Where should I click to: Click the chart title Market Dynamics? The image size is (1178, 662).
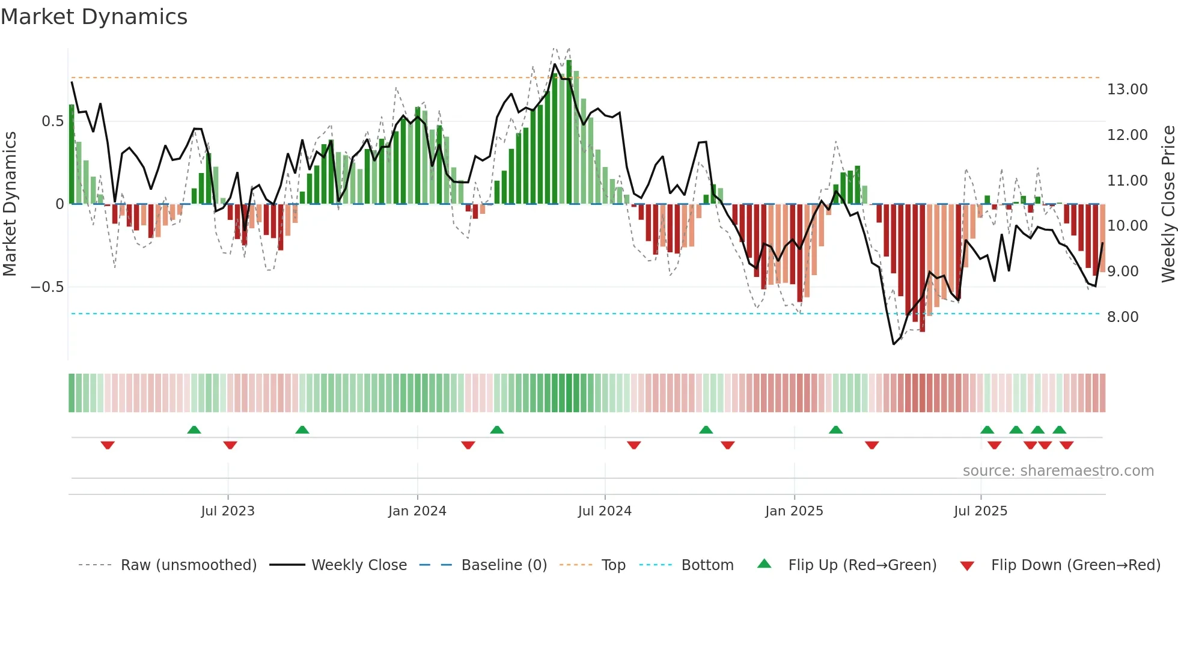pos(94,17)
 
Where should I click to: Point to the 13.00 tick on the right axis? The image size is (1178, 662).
pos(1127,90)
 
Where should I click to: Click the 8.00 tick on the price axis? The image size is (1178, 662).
pos(1122,317)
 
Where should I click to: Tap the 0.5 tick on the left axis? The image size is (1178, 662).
pos(52,121)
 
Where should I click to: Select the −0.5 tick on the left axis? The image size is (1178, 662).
pos(47,287)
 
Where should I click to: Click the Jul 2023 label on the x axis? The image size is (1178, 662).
pos(228,511)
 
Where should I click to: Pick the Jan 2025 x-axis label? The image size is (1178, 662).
pos(794,511)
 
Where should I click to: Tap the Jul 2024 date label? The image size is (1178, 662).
pos(605,511)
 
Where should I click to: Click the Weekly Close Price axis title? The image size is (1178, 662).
pos(1168,204)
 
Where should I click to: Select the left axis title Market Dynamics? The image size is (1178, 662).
pos(10,204)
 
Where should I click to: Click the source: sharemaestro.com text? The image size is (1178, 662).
pos(1058,471)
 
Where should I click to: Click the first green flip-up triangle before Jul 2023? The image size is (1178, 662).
pos(194,430)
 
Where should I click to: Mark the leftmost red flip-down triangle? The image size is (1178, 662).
pos(108,445)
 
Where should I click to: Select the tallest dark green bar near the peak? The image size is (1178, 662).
pos(569,132)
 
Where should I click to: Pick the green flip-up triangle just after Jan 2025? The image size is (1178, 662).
pos(835,430)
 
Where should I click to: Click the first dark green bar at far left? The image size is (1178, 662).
pos(72,154)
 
